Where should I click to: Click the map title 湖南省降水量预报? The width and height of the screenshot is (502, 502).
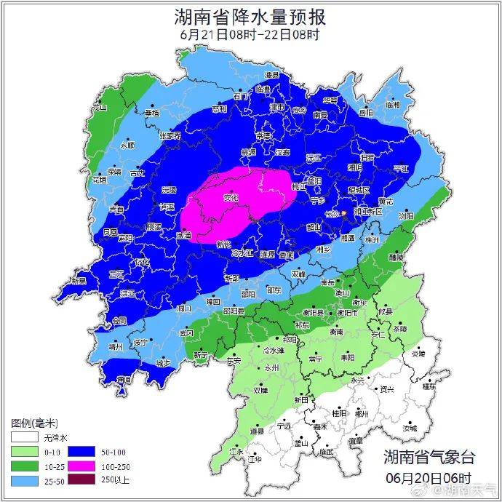250,15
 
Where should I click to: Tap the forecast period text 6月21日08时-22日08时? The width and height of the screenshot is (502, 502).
250,33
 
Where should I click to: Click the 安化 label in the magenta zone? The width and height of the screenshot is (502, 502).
231,196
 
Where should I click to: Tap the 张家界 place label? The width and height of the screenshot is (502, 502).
170,135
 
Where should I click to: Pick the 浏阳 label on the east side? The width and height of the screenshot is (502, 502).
406,216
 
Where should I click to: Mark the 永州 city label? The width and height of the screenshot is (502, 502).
272,369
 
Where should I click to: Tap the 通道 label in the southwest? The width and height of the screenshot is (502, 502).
124,379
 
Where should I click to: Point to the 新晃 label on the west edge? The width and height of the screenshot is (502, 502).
79,281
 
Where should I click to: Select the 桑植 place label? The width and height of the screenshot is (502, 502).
151,113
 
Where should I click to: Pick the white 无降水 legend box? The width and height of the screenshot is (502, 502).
24,438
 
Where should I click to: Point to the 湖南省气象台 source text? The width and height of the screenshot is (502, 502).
429,457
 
